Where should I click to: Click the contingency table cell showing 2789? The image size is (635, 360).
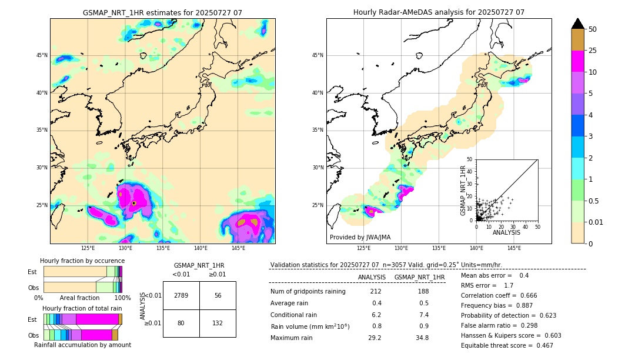pos(181,295)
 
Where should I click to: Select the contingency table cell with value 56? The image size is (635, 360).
pos(218,295)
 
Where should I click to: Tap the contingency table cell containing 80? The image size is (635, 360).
pos(181,322)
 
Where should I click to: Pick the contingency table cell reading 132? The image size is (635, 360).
pos(218,322)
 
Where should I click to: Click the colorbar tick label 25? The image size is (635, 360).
pos(593,51)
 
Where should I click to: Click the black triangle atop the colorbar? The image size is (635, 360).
pos(578,24)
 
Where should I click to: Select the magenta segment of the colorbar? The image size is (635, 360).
pos(578,61)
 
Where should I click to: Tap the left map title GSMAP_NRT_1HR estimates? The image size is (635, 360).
pos(162,12)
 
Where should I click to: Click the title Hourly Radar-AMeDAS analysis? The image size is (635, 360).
pos(439,12)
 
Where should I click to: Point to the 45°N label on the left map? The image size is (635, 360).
pos(42,55)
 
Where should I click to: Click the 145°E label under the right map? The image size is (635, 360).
pos(514,248)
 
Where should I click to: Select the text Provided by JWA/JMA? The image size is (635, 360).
pos(360,237)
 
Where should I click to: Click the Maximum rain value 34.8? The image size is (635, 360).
pos(422,338)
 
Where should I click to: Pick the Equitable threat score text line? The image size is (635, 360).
pos(507,345)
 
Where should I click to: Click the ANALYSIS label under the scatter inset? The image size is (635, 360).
pos(506,233)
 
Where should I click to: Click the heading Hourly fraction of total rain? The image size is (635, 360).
pos(82,309)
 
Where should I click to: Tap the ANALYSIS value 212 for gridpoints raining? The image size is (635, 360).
pos(376,291)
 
